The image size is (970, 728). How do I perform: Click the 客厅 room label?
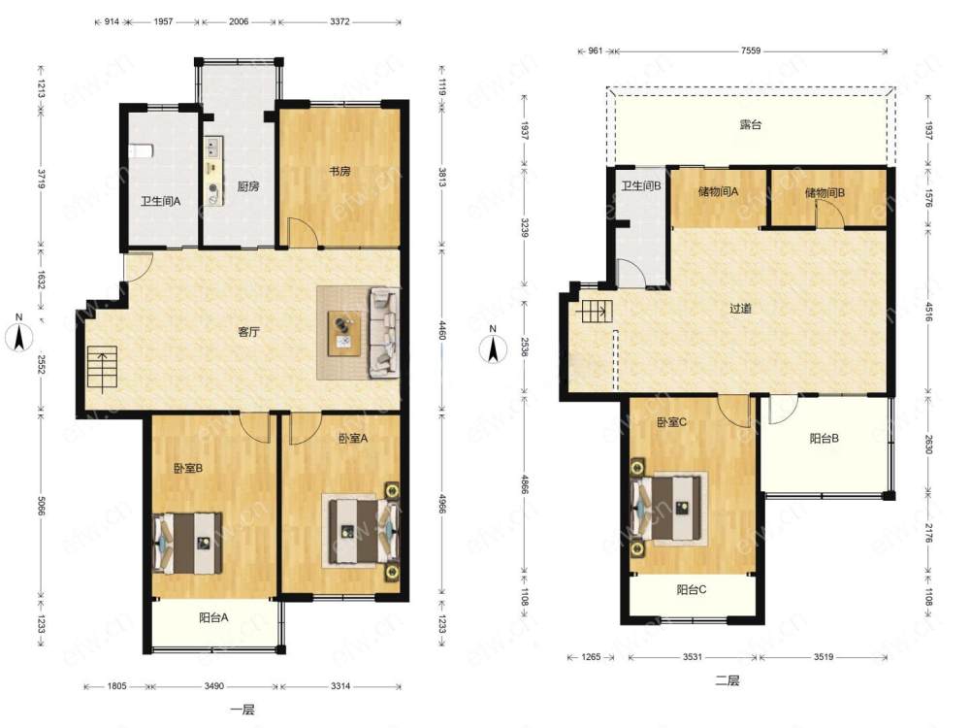tap(248, 332)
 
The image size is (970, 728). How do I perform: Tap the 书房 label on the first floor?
tap(339, 171)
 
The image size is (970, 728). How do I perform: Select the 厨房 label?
tap(248, 185)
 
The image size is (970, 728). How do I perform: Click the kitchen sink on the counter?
tap(214, 148)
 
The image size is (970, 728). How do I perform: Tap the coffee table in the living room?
tap(344, 333)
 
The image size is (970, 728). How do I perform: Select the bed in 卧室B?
tap(188, 543)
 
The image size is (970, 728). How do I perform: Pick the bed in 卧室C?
tap(667, 507)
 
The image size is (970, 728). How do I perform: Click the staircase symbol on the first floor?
tap(102, 370)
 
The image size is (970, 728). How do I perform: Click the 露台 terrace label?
tap(751, 124)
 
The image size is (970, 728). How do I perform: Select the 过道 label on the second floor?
tap(740, 308)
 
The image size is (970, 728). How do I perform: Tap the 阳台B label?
tap(824, 439)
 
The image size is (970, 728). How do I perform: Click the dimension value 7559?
tap(751, 50)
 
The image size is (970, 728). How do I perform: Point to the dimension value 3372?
tap(339, 21)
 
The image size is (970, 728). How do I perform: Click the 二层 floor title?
tap(727, 681)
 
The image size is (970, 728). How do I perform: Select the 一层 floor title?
tap(243, 710)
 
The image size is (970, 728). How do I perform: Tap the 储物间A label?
tap(718, 191)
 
